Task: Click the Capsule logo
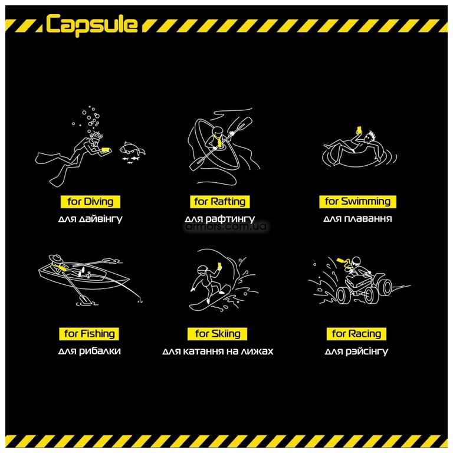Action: [92, 25]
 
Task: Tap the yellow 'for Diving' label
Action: [90, 202]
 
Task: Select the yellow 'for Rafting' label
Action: [220, 202]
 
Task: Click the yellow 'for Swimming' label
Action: [357, 201]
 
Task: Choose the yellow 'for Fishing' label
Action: [89, 334]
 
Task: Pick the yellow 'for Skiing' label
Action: [218, 334]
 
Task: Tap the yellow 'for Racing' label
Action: [356, 334]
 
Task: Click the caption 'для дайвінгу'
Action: [90, 219]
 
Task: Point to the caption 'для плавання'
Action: [357, 219]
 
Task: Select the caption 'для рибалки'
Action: [89, 351]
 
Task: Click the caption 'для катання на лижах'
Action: [218, 352]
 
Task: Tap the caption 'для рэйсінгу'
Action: [356, 352]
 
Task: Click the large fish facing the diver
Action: [132, 149]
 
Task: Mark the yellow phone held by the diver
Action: [106, 150]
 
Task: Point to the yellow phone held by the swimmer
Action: [359, 130]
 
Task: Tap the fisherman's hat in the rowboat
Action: [56, 258]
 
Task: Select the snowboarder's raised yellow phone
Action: [219, 266]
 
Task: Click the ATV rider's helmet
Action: [356, 262]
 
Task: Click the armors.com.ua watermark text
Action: [226, 226]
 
